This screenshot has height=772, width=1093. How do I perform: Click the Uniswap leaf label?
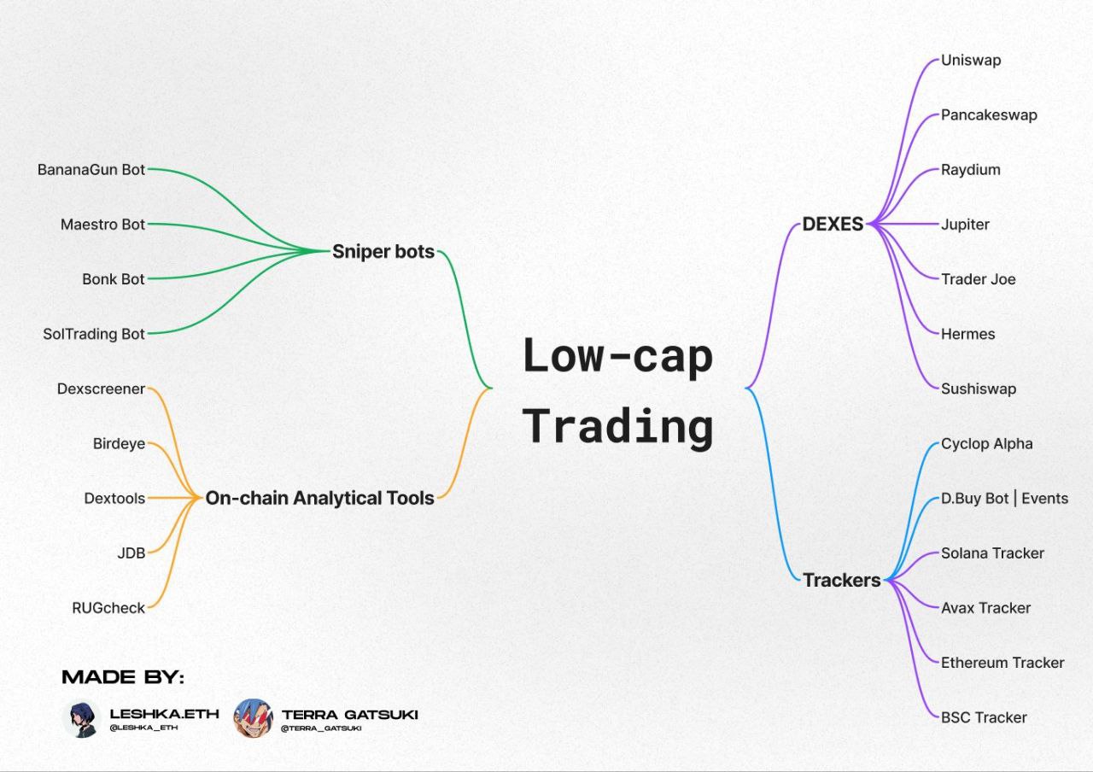[971, 61]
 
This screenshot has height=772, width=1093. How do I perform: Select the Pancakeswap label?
[989, 115]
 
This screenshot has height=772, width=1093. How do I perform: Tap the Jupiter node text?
[965, 225]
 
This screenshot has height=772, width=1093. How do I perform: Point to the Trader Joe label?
[978, 279]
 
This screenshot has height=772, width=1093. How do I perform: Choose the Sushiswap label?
[979, 389]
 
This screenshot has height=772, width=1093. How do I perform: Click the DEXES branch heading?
[833, 224]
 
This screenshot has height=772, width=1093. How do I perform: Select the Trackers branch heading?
[842, 580]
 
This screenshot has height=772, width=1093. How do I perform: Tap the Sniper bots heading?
[383, 252]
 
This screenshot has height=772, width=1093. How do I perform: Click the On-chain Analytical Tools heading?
[319, 498]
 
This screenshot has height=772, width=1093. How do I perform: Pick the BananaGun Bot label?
[91, 170]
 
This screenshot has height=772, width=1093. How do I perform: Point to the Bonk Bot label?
[114, 279]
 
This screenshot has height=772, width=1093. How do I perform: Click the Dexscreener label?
[101, 389]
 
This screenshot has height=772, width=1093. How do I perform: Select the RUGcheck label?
[108, 608]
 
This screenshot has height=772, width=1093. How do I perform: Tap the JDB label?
[132, 553]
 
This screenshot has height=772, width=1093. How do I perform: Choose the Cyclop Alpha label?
[986, 443]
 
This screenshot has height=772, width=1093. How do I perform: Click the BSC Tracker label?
[984, 718]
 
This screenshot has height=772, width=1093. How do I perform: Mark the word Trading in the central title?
[617, 427]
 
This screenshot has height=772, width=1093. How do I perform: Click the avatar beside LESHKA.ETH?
[81, 719]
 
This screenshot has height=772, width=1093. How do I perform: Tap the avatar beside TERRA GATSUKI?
[253, 718]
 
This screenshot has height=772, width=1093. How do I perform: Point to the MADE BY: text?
[123, 677]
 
